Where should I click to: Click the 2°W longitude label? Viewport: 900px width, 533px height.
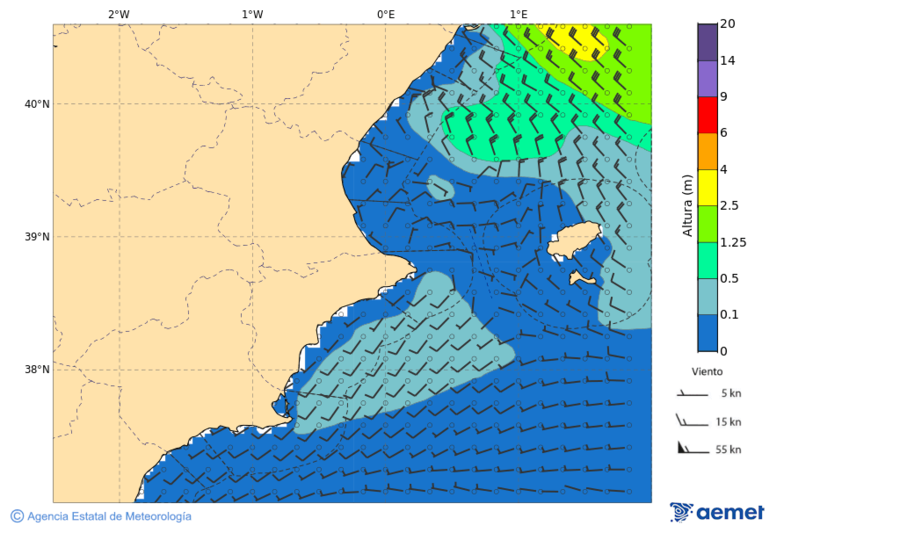click(x=118, y=14)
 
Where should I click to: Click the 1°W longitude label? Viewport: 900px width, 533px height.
click(x=252, y=14)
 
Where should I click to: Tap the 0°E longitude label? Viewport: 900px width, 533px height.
click(x=385, y=14)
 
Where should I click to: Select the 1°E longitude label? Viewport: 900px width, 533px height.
click(x=518, y=14)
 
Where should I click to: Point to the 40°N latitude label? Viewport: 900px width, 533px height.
click(x=36, y=104)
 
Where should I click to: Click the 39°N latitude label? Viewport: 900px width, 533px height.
click(x=36, y=237)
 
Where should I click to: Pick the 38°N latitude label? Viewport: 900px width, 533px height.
click(x=36, y=370)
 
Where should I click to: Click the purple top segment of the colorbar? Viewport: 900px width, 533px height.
click(x=707, y=42)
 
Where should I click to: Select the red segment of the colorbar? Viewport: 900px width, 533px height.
click(x=707, y=115)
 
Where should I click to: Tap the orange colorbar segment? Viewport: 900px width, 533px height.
click(x=707, y=151)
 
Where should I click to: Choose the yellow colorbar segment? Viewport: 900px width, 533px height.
click(x=707, y=187)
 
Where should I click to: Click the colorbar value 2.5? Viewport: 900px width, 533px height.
click(x=730, y=206)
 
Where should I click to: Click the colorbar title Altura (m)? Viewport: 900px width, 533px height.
click(x=687, y=205)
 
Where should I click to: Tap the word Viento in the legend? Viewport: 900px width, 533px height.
click(x=707, y=371)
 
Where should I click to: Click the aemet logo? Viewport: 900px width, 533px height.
click(x=717, y=512)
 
